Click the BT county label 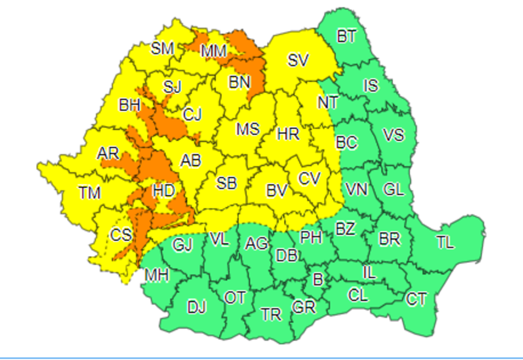point(346,37)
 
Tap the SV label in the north point(299,61)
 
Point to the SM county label point(163,49)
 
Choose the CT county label point(416,299)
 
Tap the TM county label point(90,193)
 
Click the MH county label point(157,274)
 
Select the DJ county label point(197,308)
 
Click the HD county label point(163,191)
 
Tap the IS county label point(371,85)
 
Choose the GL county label point(393,189)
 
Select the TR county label point(271,314)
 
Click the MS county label point(248,129)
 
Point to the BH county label point(129,105)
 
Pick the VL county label point(219,240)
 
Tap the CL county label point(358,295)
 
